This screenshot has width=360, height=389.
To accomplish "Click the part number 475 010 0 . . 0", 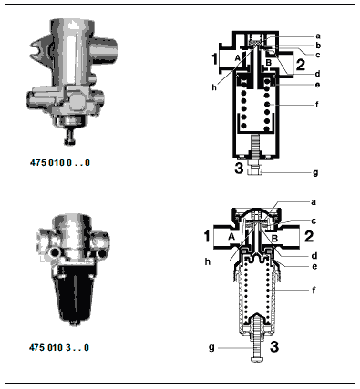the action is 60,162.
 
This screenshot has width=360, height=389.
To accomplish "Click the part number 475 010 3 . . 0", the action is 59,347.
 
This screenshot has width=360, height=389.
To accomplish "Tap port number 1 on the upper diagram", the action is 214,58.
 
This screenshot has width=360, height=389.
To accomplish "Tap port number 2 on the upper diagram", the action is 300,65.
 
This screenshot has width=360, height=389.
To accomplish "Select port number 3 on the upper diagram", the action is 239,168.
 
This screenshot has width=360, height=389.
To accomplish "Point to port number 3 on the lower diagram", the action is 274,346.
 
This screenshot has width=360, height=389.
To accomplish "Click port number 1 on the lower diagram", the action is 207,237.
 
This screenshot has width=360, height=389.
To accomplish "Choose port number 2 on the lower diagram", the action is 309,236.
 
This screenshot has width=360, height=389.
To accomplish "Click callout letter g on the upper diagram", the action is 315,173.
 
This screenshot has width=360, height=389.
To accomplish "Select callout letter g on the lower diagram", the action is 211,347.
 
